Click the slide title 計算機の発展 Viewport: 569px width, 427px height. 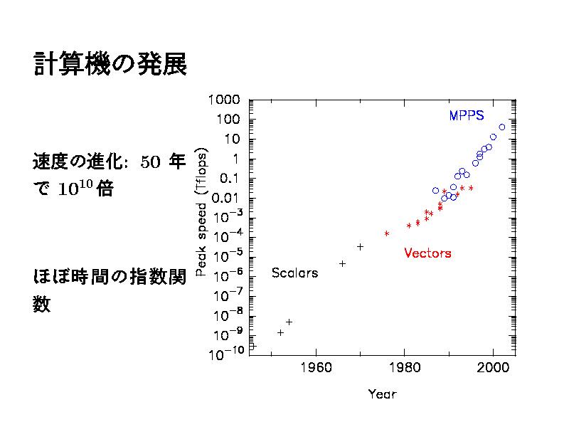pos(110,65)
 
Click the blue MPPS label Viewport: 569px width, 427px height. pos(467,115)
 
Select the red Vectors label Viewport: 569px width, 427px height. pos(427,253)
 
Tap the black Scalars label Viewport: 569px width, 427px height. pos(294,273)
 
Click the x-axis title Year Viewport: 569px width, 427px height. pos(382,394)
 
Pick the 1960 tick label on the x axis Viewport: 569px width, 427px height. pos(316,368)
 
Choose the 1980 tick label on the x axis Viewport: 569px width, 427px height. pos(405,368)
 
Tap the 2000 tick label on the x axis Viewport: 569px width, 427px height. pos(493,368)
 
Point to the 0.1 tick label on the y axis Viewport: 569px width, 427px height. pos(230,177)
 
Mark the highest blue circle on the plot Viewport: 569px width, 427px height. pos(502,127)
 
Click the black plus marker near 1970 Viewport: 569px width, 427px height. pos(360,246)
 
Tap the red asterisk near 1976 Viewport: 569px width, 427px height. pos(387,233)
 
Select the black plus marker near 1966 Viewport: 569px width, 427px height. pos(342,263)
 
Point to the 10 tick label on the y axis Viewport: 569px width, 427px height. pos(233,138)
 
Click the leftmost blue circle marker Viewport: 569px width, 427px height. pos(435,191)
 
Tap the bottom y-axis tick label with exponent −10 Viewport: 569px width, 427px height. pos(225,354)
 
